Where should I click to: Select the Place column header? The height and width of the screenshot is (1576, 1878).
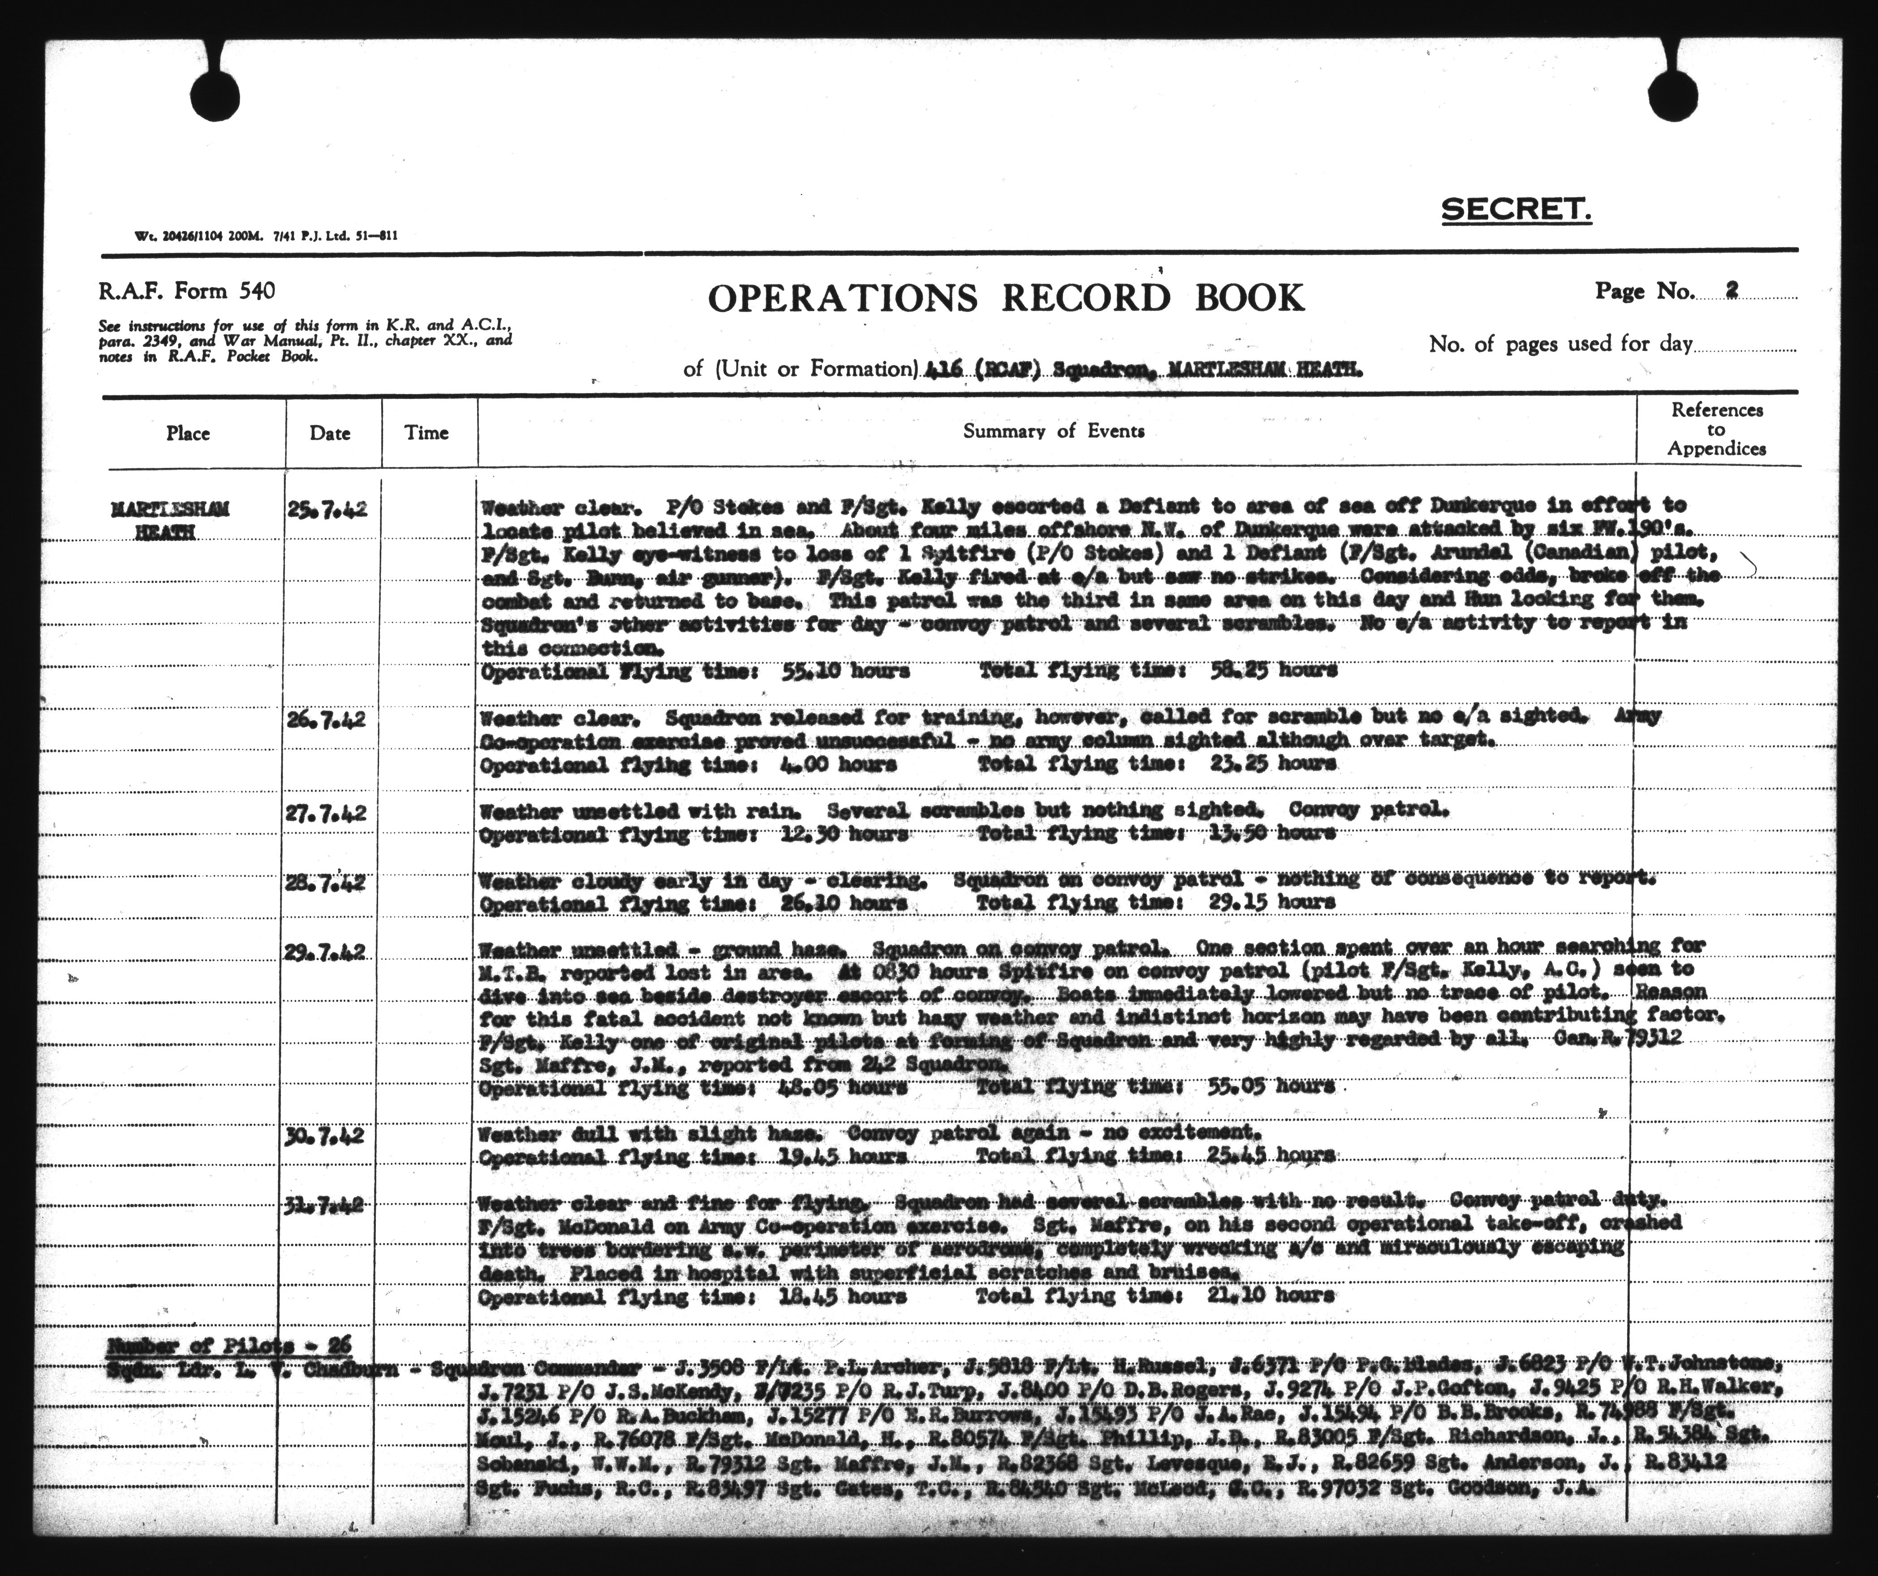[x=188, y=433]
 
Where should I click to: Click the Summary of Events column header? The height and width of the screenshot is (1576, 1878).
[x=1054, y=431]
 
